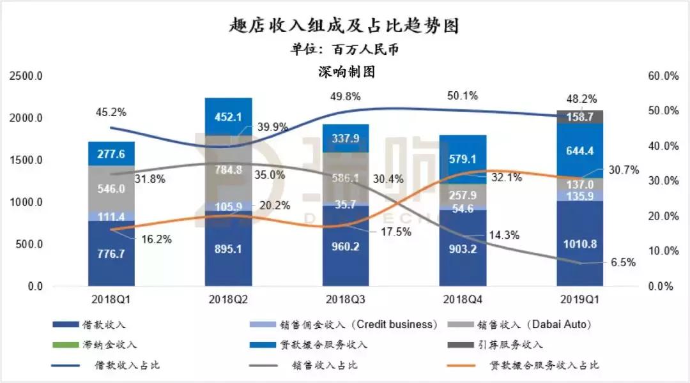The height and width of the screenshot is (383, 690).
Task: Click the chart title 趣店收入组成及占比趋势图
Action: (x=344, y=26)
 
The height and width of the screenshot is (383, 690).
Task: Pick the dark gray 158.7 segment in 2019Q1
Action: (x=579, y=117)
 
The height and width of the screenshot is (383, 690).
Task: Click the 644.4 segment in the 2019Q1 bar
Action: (x=579, y=151)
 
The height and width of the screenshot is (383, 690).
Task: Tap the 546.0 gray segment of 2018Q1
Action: (x=111, y=189)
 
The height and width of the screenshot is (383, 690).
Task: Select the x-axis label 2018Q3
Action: (x=346, y=297)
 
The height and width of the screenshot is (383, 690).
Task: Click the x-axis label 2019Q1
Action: (x=579, y=297)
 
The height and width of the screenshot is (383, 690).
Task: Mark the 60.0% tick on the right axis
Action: (x=663, y=76)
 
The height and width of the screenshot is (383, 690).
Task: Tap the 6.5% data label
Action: (x=623, y=262)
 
